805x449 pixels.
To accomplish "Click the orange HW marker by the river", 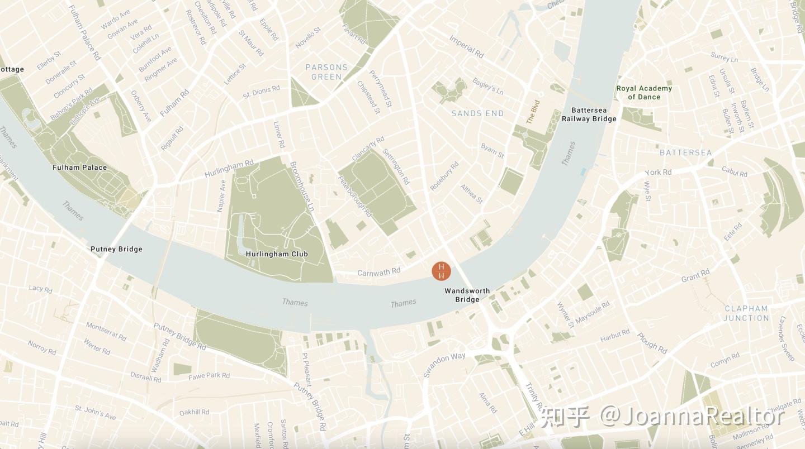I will (441, 271).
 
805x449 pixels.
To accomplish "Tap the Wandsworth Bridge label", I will (467, 295).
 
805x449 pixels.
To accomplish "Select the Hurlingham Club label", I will (277, 254).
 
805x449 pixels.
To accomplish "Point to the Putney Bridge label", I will (116, 249).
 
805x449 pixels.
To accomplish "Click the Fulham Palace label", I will (79, 168).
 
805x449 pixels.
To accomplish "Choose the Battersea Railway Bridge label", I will (589, 114).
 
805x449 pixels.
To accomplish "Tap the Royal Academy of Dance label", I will (644, 93).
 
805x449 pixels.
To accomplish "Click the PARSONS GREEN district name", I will (326, 72).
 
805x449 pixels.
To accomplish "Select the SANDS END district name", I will (477, 113).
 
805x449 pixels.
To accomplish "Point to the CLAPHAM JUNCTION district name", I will (746, 313).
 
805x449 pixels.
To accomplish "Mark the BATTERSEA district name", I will (685, 152).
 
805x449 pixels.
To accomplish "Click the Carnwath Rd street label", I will (378, 272).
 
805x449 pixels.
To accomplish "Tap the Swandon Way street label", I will (444, 365).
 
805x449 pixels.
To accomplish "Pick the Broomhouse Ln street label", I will (302, 186).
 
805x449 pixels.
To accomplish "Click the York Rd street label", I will (659, 172).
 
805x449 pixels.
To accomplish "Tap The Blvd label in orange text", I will (533, 112).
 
